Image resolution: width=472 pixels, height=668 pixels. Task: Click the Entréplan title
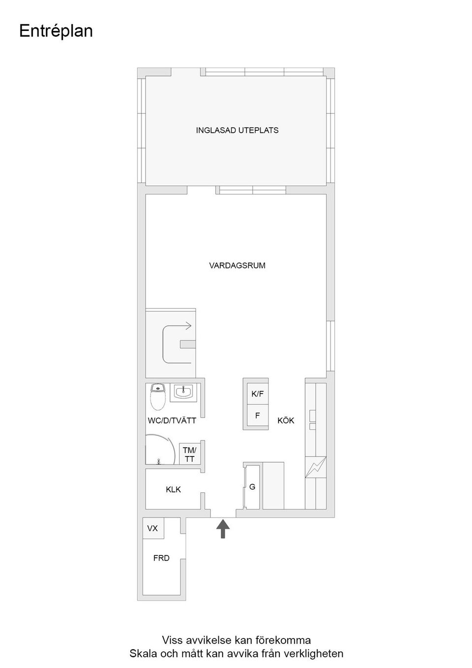(x=56, y=31)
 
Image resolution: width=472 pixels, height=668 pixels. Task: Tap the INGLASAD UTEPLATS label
(x=237, y=130)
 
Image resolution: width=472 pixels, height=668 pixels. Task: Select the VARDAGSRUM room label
(x=237, y=266)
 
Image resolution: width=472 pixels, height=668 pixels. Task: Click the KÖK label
(x=286, y=421)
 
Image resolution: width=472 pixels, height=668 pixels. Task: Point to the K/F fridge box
(x=257, y=394)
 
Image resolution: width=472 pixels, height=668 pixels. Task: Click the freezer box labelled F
(x=257, y=416)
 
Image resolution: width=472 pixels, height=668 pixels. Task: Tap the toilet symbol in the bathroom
(x=157, y=397)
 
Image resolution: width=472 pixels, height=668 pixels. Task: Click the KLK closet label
(x=173, y=489)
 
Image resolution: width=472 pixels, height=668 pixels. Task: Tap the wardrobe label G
(x=252, y=487)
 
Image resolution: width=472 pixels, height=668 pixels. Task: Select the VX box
(x=153, y=528)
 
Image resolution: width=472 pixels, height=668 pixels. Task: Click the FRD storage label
(x=161, y=558)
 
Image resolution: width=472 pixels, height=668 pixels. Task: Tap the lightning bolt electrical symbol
(x=315, y=467)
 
